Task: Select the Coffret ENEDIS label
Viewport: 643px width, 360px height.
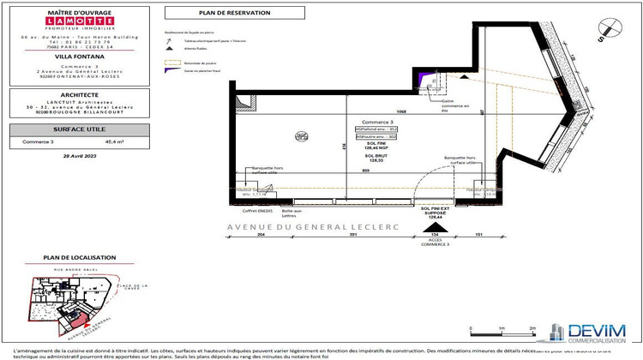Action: [257, 211]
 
